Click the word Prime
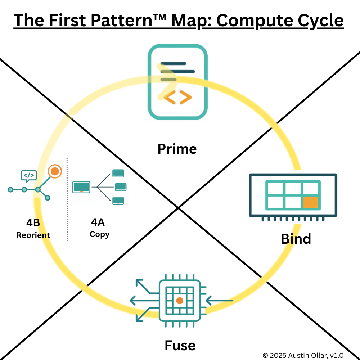coord(177,149)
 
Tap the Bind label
coord(296,239)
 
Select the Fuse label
coord(180,346)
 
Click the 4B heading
coord(33,223)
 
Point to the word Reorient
coord(33,235)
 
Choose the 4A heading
coord(98,222)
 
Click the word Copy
coord(99,234)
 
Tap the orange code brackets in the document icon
coord(177,97)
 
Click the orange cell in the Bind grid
coord(311,202)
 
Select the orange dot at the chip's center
coord(180,300)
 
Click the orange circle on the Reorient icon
coord(55,171)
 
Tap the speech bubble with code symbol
coord(29,175)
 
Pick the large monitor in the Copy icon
coord(81,187)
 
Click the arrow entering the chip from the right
coord(220,300)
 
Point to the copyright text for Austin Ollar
coord(303,355)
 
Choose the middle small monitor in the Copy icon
coord(120,187)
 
